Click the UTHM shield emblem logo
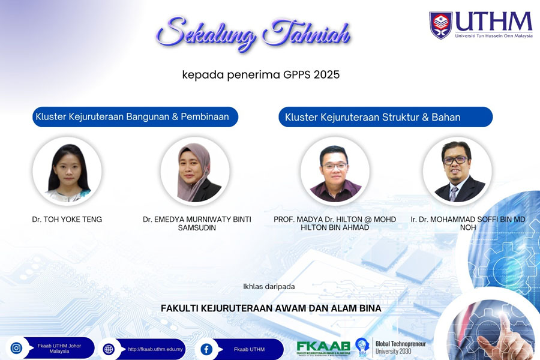[x=440, y=25]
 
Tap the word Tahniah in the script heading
[x=306, y=33]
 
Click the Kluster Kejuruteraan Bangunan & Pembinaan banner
[x=136, y=117]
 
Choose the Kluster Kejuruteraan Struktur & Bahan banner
[x=385, y=117]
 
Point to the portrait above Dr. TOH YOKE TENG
[x=67, y=171]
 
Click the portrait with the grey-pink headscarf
[x=195, y=171]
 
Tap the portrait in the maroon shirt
[x=335, y=171]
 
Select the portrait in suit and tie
[x=457, y=171]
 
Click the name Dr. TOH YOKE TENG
[x=67, y=220]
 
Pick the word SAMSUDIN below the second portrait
[x=197, y=228]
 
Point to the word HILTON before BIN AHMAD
[x=313, y=227]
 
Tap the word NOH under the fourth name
[x=468, y=227]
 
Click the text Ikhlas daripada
[x=269, y=287]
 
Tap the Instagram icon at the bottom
[x=16, y=348]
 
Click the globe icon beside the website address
[x=109, y=349]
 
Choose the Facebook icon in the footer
[x=206, y=349]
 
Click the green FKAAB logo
[x=323, y=347]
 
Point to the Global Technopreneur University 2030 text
[x=401, y=347]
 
